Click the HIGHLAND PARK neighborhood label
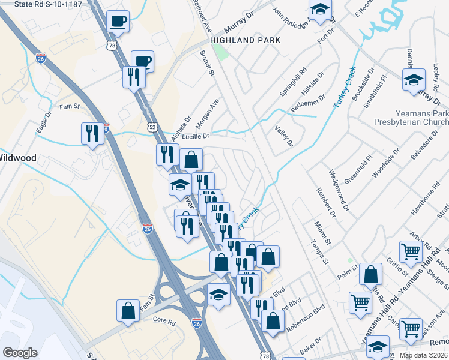pyautogui.click(x=246, y=40)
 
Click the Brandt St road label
pyautogui.click(x=207, y=64)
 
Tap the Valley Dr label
pyautogui.click(x=283, y=136)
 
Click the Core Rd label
pyautogui.click(x=163, y=321)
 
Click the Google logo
pyautogui.click(x=20, y=353)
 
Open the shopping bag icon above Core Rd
pyautogui.click(x=128, y=311)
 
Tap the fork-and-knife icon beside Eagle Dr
pyautogui.click(x=92, y=133)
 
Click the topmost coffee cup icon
pyautogui.click(x=118, y=22)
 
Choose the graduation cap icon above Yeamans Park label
pyautogui.click(x=414, y=80)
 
